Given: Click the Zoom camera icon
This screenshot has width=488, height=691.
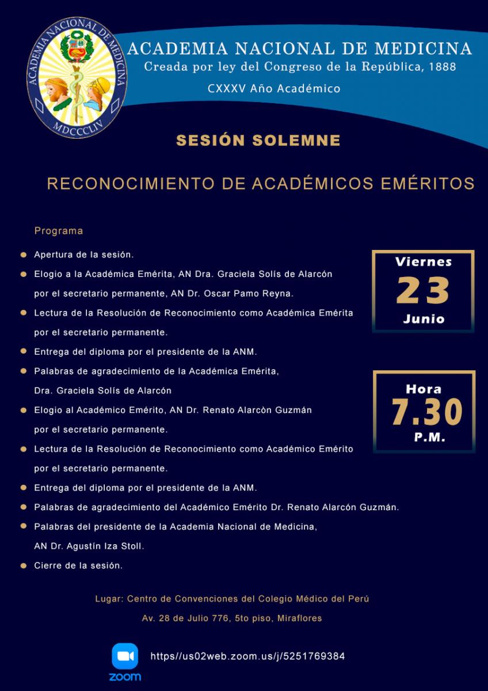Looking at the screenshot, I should point(125,656).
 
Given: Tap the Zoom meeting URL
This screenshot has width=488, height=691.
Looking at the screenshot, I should point(247,656).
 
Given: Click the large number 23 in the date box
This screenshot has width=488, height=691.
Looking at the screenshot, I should point(423,291).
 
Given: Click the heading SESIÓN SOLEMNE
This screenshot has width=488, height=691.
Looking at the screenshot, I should point(258,141).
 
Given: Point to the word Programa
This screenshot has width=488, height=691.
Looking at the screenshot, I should point(59,231).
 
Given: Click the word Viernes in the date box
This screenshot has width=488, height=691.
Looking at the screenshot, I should point(424,262).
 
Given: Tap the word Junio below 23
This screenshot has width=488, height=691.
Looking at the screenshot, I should point(424,319).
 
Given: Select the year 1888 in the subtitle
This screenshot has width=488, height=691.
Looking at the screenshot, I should point(443,67).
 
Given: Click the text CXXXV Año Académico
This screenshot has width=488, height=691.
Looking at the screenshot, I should point(274,89).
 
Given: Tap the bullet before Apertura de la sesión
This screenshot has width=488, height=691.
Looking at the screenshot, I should point(23,254).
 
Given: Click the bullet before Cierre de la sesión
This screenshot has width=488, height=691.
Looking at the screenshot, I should point(23,565).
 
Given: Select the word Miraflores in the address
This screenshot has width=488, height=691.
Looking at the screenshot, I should point(299,618).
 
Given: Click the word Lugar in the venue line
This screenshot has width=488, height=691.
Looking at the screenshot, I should point(108,599).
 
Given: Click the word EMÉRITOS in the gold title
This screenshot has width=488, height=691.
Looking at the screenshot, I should point(428,184).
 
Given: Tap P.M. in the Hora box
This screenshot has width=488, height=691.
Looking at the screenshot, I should point(430,438).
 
